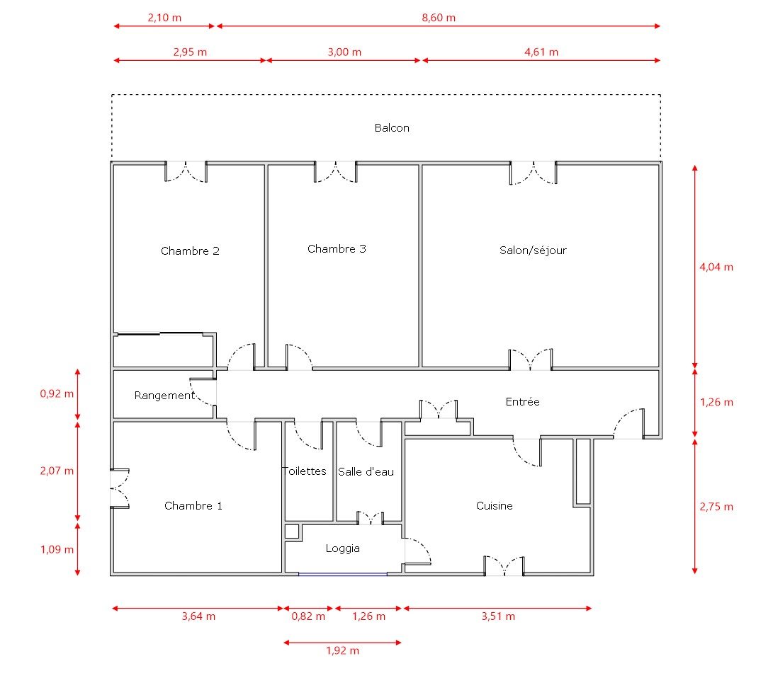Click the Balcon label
[392, 128]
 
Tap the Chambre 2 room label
[190, 251]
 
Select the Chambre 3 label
[337, 249]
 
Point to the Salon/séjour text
[533, 251]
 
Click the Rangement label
[164, 396]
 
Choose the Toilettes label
[304, 471]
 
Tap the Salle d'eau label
[366, 471]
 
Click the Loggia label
[343, 548]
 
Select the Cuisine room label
[494, 506]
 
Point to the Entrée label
[522, 402]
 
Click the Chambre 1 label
[193, 506]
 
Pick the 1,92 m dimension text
[342, 650]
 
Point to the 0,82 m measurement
[308, 616]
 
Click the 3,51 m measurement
[497, 616]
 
